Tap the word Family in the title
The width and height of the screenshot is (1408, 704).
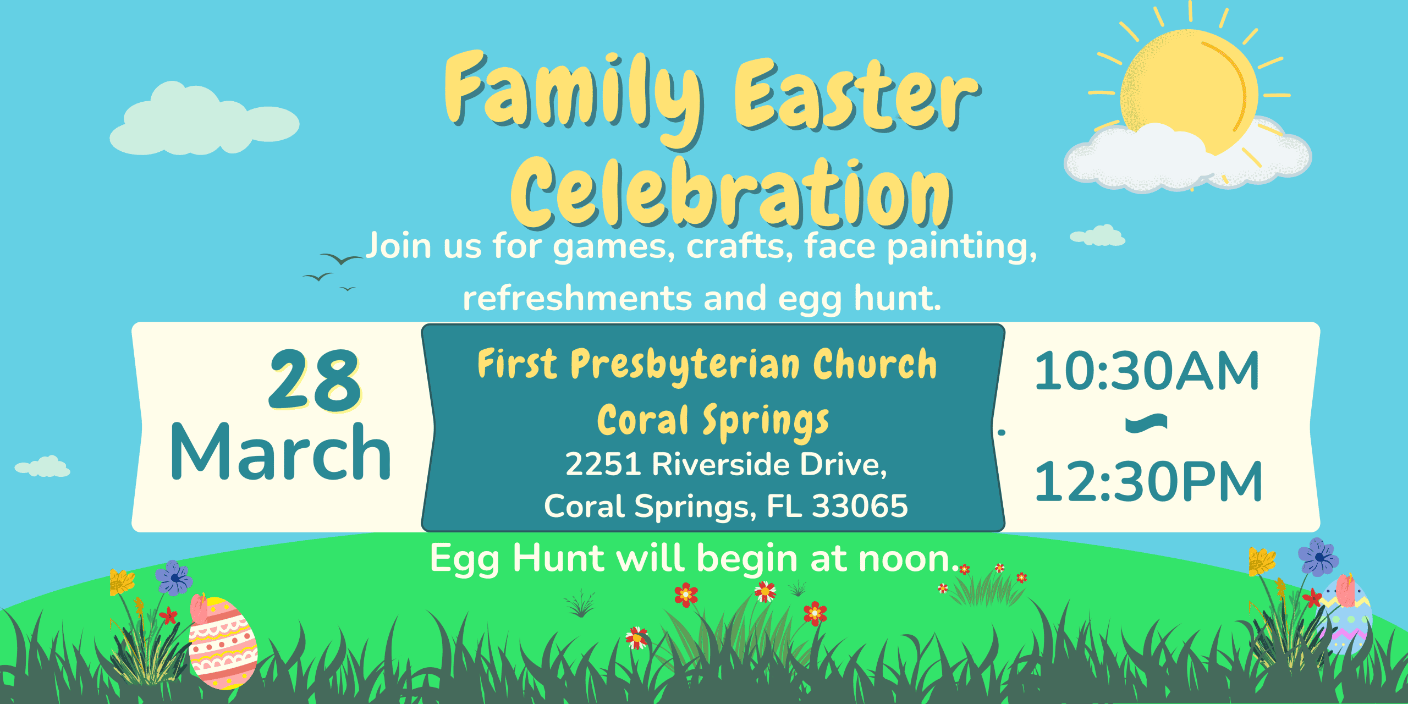coord(574,99)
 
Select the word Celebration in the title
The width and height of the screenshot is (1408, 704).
coord(732,193)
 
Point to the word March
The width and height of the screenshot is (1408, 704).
coord(281,452)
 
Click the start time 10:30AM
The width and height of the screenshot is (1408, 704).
coord(1147,372)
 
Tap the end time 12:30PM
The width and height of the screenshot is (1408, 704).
coord(1148,482)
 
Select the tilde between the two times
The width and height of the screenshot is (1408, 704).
coord(1146,423)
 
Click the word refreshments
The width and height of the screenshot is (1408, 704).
coord(577,298)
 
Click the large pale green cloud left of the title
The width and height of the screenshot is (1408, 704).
coord(204,121)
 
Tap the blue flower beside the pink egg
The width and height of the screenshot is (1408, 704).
coord(174,577)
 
